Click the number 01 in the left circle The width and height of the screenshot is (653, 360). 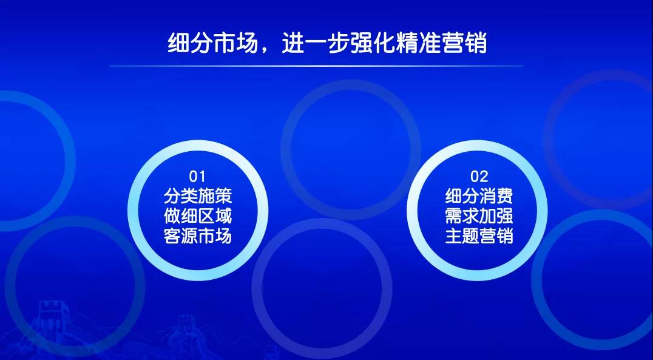click(x=197, y=177)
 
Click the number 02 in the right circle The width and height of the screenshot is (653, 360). click(x=479, y=177)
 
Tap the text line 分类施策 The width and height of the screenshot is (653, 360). click(x=198, y=196)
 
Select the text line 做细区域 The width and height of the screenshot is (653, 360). click(x=198, y=216)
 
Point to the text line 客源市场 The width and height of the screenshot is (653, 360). click(x=198, y=236)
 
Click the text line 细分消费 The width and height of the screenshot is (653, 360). click(x=479, y=196)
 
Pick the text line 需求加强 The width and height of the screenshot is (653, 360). click(x=479, y=216)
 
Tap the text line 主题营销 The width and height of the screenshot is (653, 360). click(x=479, y=236)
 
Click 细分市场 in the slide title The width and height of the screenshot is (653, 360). click(x=213, y=43)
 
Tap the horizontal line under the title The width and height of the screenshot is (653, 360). click(x=317, y=66)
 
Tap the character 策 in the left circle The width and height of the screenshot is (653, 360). click(x=224, y=196)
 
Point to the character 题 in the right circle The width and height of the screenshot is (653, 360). click(x=470, y=236)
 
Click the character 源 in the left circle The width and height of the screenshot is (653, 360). click(x=189, y=236)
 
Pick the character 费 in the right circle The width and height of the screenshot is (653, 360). click(x=505, y=196)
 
